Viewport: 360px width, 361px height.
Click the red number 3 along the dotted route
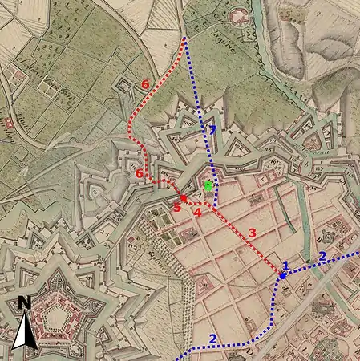tap(252, 233)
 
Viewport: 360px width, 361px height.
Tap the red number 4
tap(197, 212)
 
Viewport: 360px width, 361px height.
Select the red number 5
tap(177, 208)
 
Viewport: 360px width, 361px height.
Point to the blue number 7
tap(212, 129)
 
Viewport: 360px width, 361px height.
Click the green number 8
tap(208, 186)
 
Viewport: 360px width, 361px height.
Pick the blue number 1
tap(285, 266)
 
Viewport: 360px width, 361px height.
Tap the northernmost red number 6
tap(144, 83)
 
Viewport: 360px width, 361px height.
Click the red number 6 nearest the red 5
tap(140, 174)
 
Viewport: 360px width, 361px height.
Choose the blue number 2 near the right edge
tap(322, 256)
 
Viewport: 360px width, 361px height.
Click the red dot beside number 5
tap(184, 198)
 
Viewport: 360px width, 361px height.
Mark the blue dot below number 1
tap(282, 276)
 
